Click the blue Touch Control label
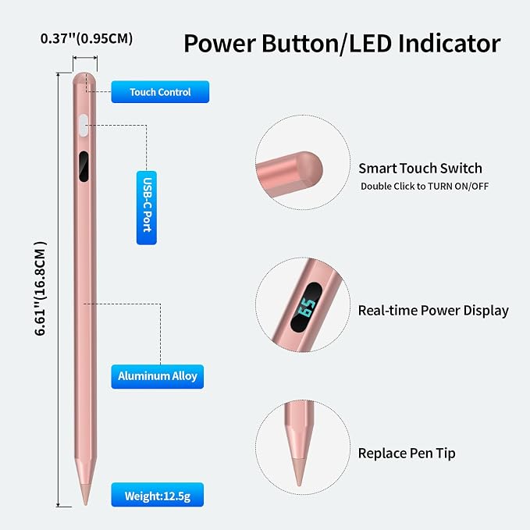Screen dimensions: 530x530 [160, 91]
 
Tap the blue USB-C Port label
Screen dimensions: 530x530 [147, 208]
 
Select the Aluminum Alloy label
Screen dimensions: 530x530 [158, 376]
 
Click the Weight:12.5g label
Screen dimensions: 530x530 [158, 495]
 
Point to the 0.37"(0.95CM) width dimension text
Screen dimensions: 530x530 [87, 38]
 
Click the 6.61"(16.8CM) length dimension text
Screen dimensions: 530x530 [41, 288]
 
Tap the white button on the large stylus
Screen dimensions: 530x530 [84, 126]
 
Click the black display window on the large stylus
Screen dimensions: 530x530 [84, 166]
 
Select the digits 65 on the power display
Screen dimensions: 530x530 [307, 308]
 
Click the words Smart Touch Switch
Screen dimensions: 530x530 [420, 169]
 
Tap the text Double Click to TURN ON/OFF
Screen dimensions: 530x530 [425, 187]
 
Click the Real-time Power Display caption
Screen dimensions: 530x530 [433, 311]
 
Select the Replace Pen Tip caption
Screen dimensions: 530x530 [407, 454]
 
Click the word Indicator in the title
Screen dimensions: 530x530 [450, 44]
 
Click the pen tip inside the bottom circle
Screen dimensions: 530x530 [299, 472]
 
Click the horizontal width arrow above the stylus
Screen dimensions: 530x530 [85, 58]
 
